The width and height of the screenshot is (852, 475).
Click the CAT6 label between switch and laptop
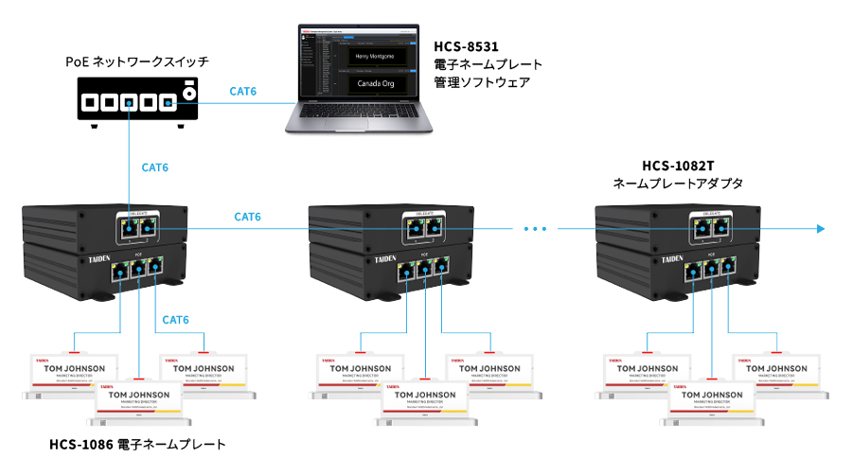coord(243,92)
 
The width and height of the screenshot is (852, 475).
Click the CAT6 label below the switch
coord(155,167)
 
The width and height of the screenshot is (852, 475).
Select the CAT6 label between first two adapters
coord(248,218)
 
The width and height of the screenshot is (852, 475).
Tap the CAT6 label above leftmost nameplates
coord(176,320)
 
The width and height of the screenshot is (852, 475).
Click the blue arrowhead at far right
coord(820,228)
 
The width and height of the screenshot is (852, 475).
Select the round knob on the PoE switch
coord(188,93)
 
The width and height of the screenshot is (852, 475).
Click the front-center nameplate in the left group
coord(138,401)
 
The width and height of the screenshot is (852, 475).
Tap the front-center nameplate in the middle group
coord(425,401)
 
